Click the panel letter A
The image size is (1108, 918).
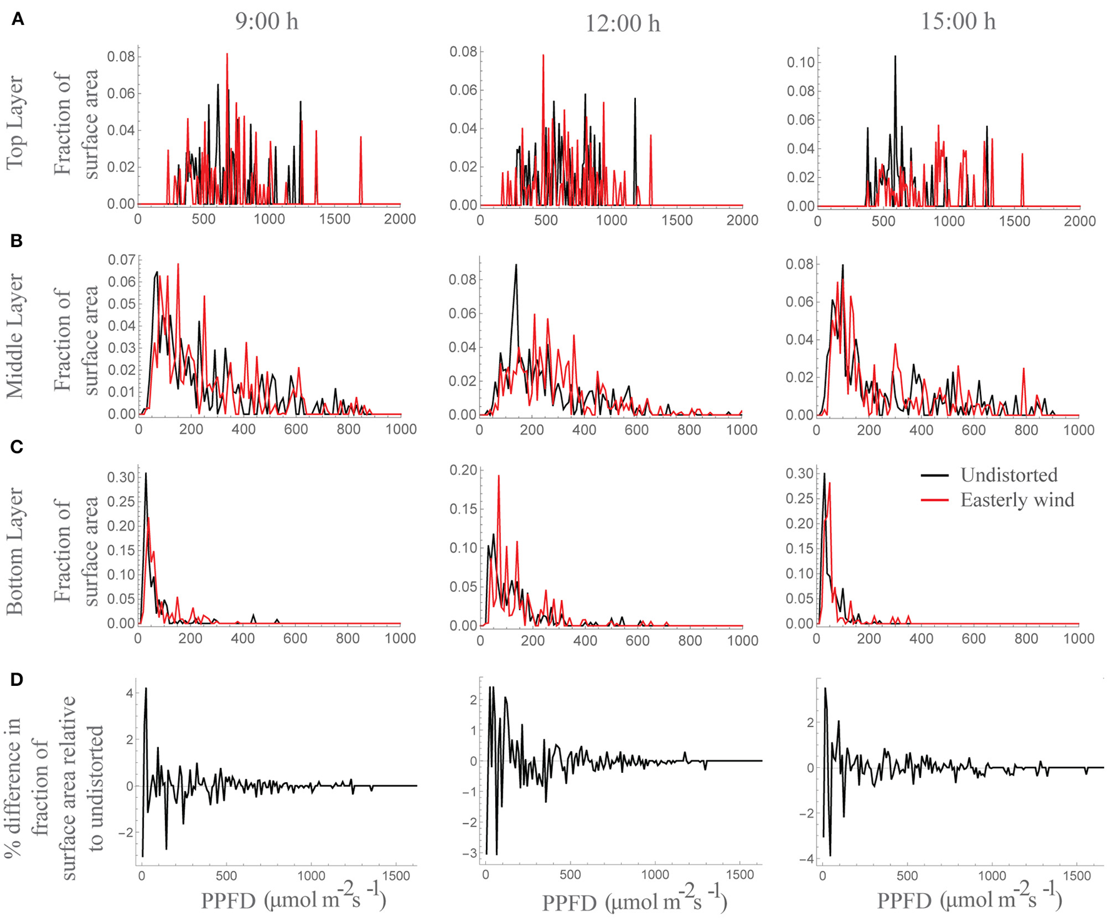coord(18,20)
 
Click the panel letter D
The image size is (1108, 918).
coord(17,680)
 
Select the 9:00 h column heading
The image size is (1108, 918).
coord(266,21)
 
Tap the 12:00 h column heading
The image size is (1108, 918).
coord(622,24)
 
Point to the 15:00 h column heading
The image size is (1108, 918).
coord(957,21)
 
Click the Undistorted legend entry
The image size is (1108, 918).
coord(1008,475)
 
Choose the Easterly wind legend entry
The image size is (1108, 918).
coord(1017,500)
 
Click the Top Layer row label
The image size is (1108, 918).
coord(15,123)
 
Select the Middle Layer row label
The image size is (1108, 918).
coord(15,335)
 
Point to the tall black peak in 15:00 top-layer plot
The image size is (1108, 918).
coord(895,58)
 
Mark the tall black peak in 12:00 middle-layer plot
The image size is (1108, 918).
coord(516,266)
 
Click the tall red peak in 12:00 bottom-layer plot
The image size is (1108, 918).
coord(498,477)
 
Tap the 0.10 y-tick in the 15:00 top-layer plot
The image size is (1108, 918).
coord(800,62)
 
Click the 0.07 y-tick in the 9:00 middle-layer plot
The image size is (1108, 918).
coord(121,259)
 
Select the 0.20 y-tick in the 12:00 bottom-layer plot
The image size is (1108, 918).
coord(463,470)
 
